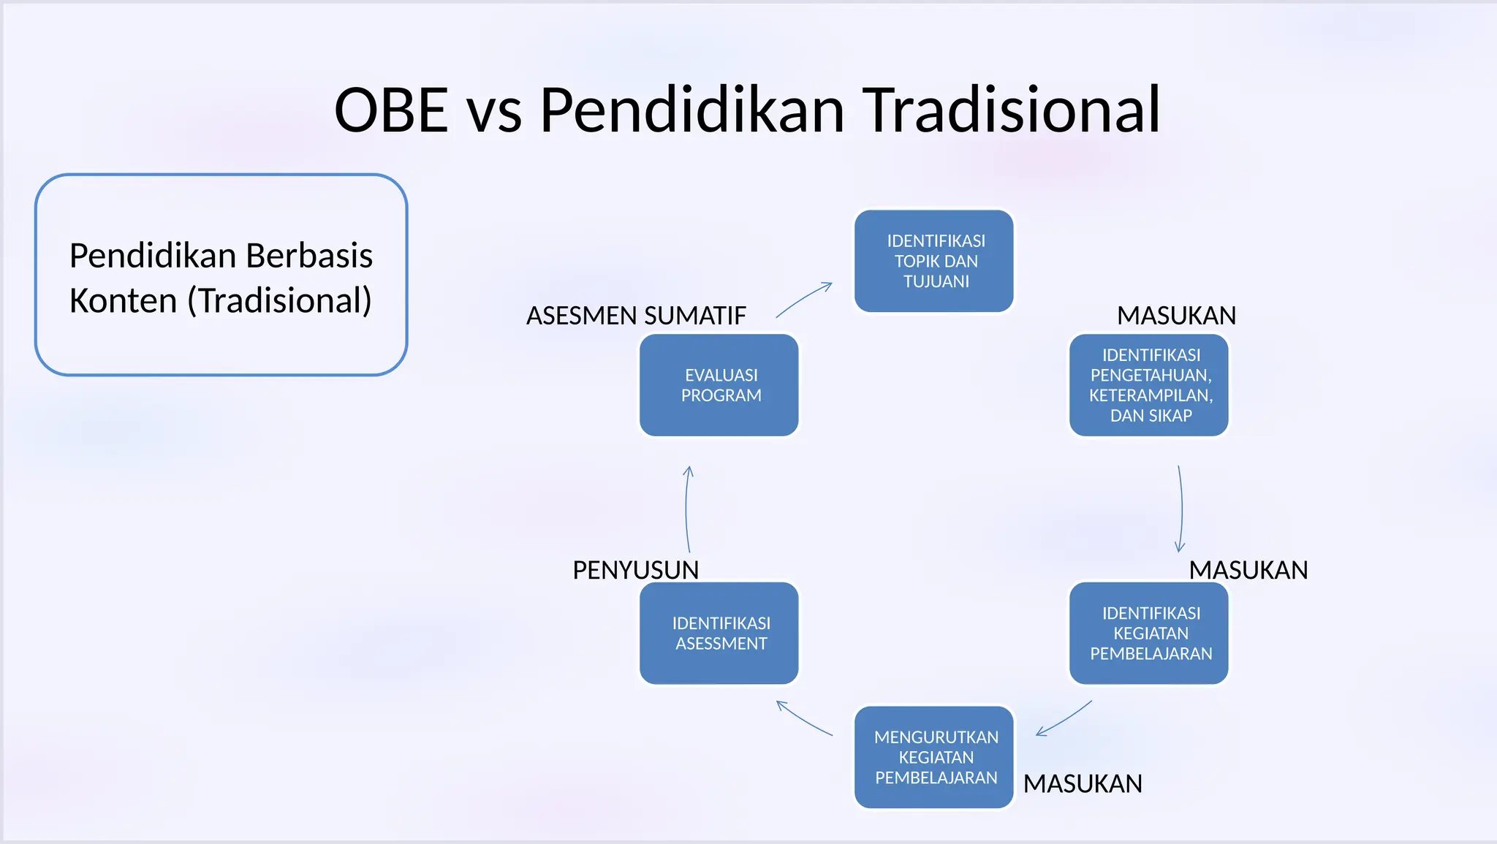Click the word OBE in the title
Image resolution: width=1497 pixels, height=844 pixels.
point(391,110)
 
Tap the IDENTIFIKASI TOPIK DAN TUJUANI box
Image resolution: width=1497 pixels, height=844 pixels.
point(934,261)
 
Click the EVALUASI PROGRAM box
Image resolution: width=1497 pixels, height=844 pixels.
point(719,385)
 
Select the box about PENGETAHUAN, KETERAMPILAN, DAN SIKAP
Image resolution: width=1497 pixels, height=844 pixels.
point(1149,385)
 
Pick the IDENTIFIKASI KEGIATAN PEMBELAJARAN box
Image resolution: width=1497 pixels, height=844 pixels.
point(1149,633)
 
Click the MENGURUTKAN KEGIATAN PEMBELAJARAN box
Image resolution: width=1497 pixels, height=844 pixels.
point(934,757)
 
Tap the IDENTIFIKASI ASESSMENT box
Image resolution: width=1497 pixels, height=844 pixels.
point(719,633)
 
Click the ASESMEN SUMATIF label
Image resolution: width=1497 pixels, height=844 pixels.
point(636,316)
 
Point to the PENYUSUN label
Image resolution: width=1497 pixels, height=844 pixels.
point(635,570)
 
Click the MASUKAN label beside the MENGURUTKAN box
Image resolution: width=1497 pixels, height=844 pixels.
point(1083,783)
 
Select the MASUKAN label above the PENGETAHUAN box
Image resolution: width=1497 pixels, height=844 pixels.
point(1176,316)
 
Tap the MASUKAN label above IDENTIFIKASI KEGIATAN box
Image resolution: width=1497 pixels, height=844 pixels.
point(1248,570)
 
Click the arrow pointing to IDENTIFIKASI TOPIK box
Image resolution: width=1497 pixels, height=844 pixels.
point(804,299)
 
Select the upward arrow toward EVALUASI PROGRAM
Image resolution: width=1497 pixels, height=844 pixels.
point(687,509)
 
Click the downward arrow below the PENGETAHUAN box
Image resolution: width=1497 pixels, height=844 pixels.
point(1180,509)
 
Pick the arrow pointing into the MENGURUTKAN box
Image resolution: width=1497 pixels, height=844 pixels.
point(1064,719)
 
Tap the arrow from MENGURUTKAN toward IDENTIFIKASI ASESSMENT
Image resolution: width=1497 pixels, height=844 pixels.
point(804,719)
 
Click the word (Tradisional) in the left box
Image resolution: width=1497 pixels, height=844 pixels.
point(279,300)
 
